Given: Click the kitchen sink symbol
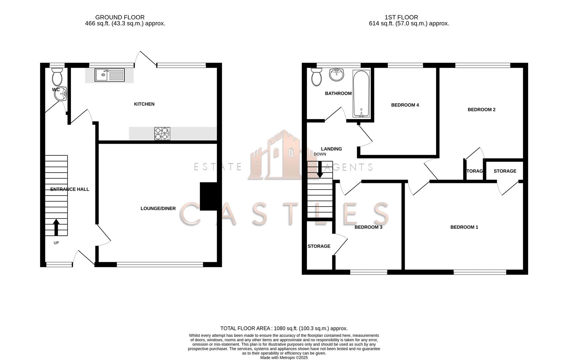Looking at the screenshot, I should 109,75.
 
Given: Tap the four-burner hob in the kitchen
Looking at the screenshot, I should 162,134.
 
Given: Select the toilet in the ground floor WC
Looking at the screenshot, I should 57,77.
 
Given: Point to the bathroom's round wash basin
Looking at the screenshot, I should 336,74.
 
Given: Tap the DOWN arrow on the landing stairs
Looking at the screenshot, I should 320,170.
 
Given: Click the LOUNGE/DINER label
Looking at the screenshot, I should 158,209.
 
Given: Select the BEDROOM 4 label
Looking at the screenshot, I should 405,105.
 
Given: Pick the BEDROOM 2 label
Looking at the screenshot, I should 481,110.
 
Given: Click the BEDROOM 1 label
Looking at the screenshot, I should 464,227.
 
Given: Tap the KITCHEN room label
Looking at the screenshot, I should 144,104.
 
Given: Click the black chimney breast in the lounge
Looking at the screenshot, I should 209,196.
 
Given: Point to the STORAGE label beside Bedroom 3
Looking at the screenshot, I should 319,246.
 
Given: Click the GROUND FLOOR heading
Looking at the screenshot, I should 120,17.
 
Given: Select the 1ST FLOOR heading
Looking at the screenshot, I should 401,17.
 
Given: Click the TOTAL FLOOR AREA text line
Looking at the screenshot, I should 284,328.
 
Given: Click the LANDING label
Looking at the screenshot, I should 331,149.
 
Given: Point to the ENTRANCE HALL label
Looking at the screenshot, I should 70,189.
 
